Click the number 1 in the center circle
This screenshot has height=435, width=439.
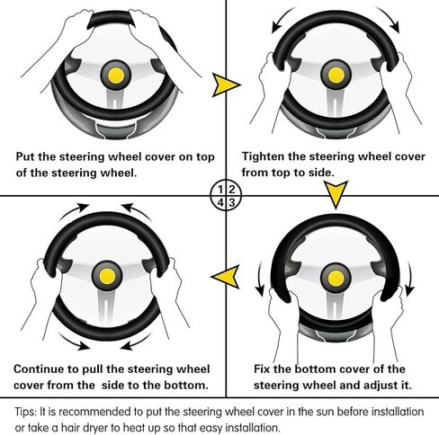tap(220, 190)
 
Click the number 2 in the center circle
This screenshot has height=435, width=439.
tap(231, 190)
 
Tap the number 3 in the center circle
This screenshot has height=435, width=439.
tap(231, 203)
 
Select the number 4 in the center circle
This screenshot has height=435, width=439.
tap(220, 203)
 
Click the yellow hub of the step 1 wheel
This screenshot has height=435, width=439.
tap(116, 75)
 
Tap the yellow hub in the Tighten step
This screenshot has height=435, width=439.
tap(336, 75)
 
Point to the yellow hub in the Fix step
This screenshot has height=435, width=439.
tap(336, 279)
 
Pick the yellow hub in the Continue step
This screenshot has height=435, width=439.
tap(107, 276)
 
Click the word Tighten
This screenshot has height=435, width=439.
tap(263, 156)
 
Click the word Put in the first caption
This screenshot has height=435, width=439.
tap(25, 156)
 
